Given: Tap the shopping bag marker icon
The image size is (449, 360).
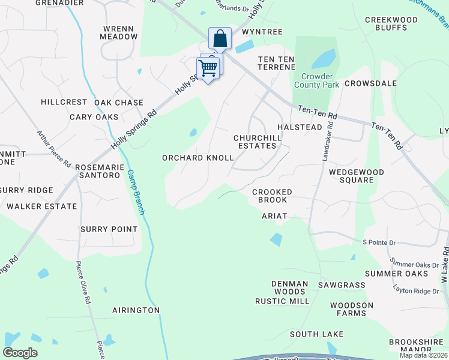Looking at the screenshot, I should point(220,39).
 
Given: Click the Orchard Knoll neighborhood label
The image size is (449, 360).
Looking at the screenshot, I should point(197,158).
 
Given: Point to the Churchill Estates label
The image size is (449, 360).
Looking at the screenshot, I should point(257,142).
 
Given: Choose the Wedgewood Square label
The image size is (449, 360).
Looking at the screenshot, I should point(356,176).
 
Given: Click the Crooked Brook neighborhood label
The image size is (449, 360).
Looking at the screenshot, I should point(272,196).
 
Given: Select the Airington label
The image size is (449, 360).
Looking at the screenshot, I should point(136,310).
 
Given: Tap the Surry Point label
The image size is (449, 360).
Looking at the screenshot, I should point(109,229).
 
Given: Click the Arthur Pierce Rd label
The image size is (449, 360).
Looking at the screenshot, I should point(54,150).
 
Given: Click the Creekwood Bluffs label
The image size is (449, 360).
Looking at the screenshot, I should point(391,23).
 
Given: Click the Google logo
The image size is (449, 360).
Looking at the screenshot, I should point(20,353).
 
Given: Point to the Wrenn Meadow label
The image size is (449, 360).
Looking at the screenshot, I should point(120,32).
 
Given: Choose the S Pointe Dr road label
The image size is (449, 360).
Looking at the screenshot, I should point(379,242).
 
